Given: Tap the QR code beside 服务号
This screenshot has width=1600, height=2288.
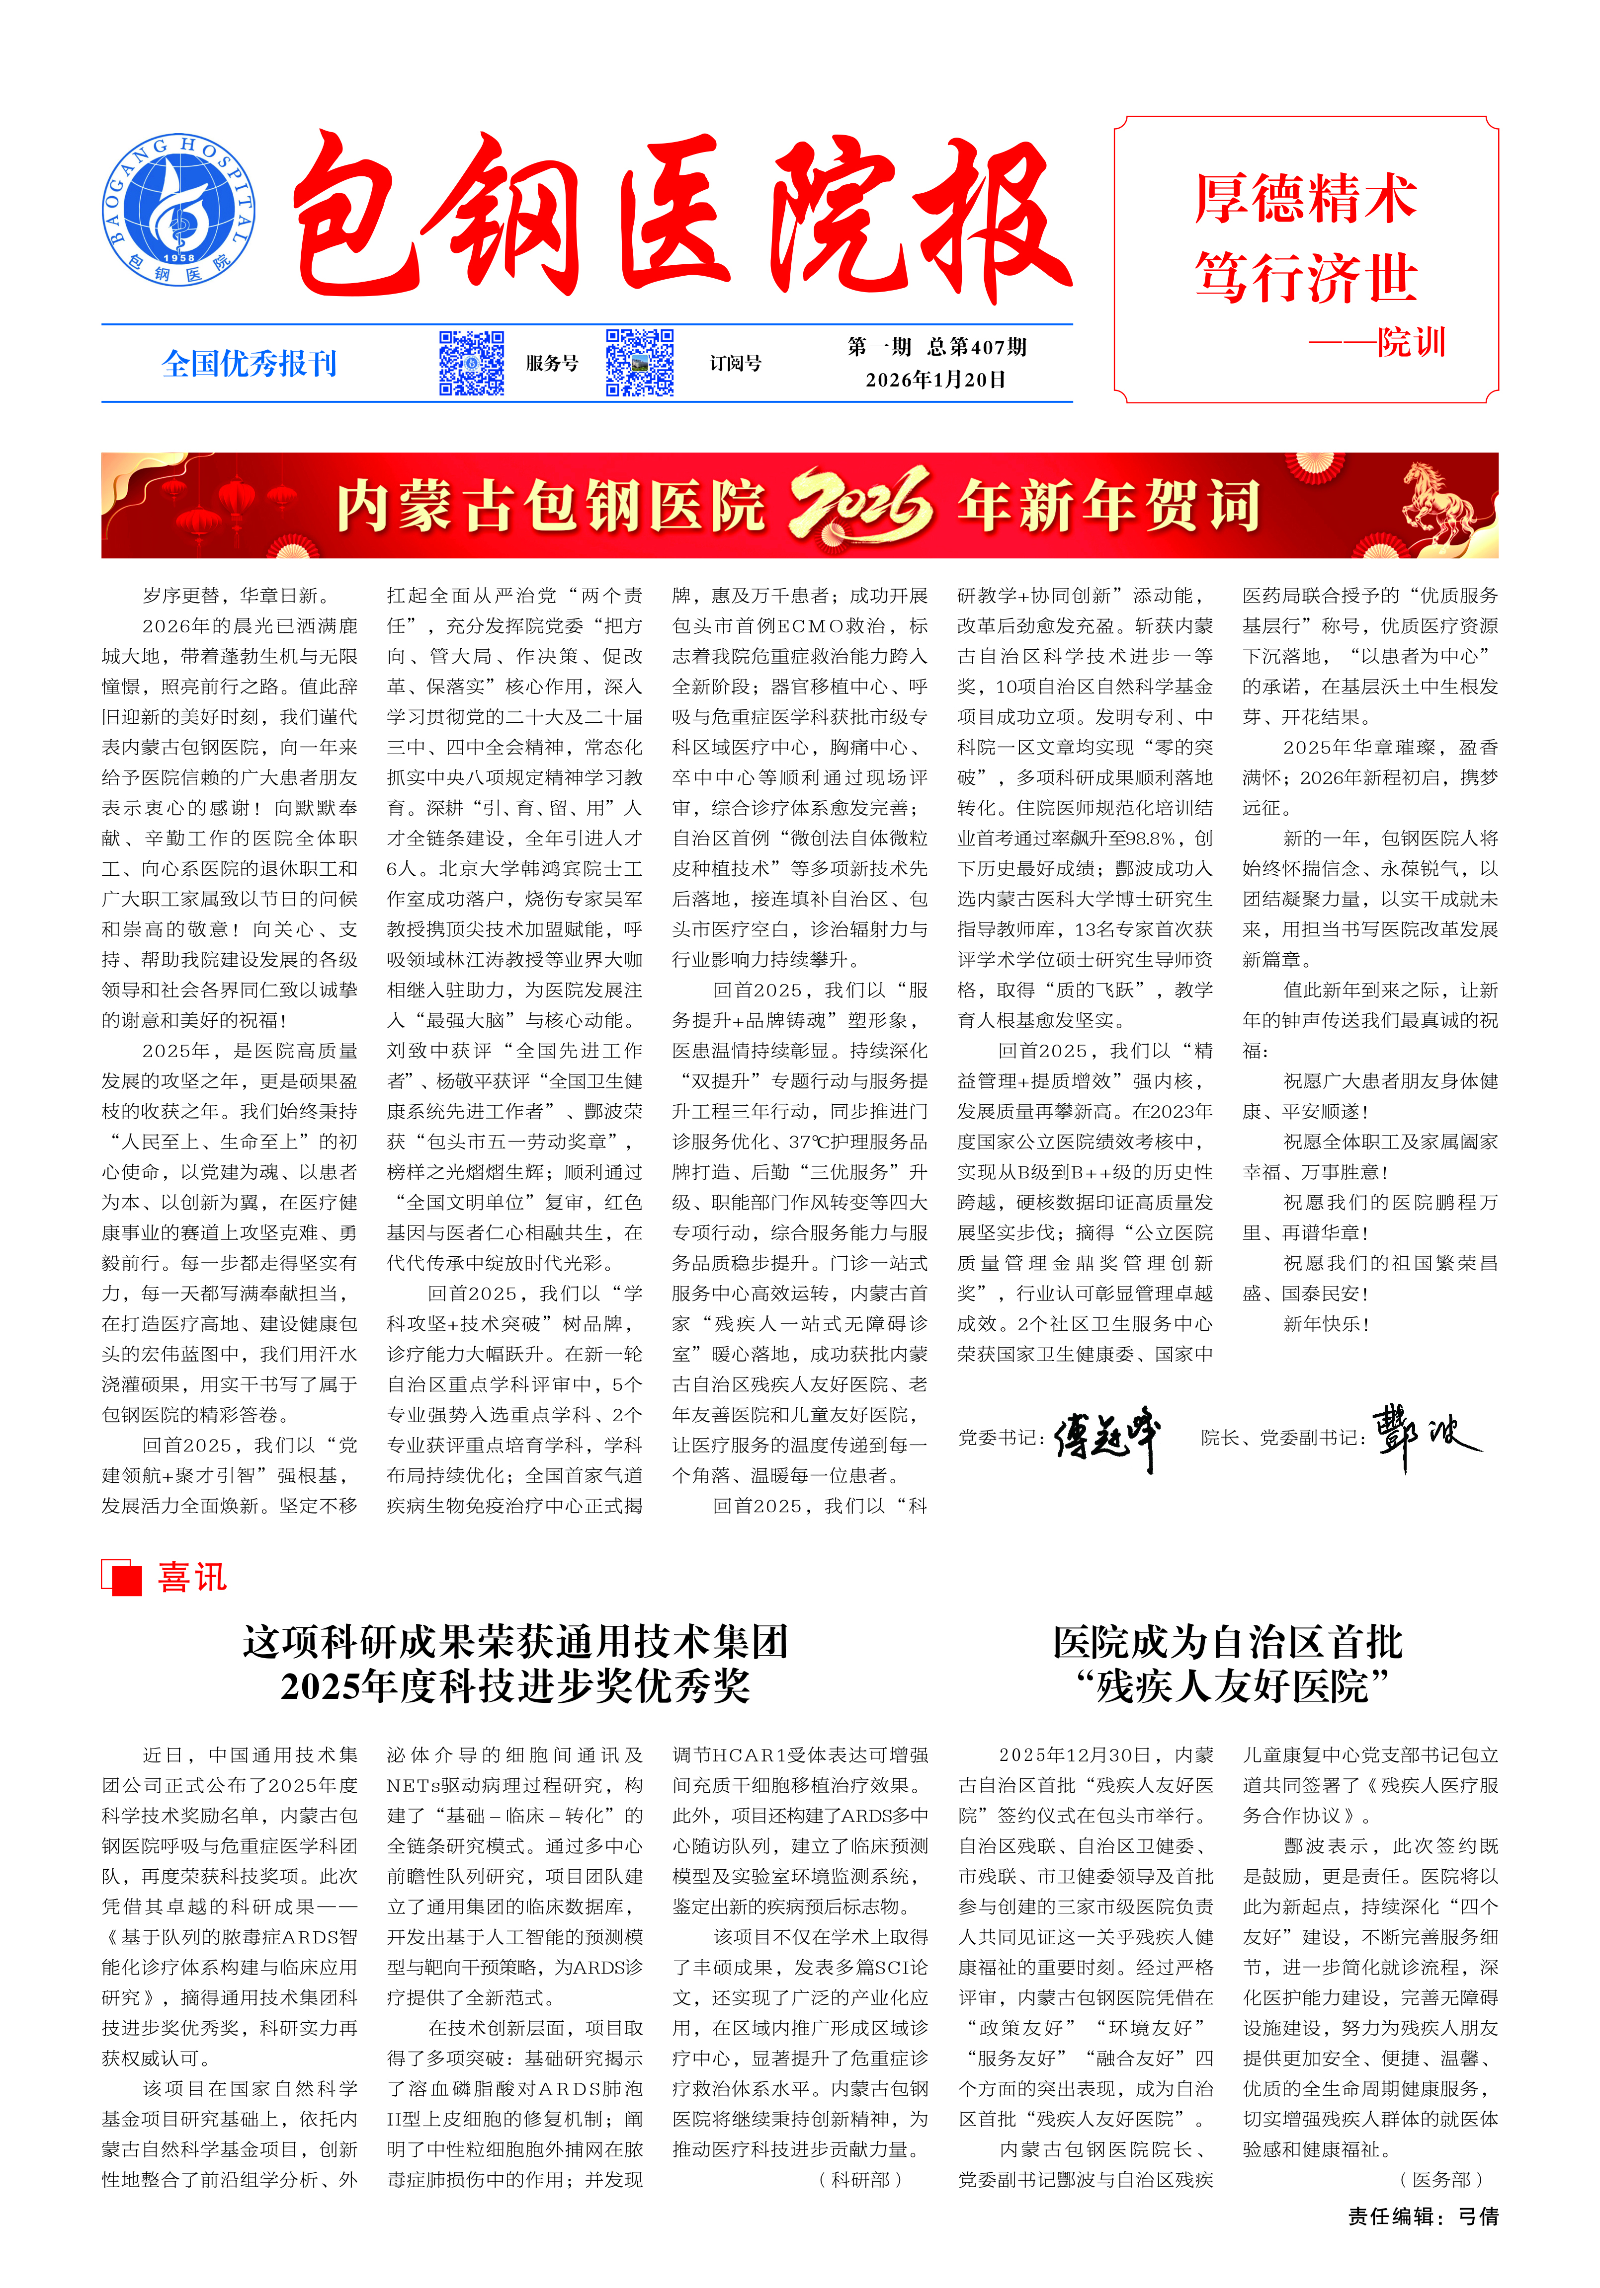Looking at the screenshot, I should tap(472, 363).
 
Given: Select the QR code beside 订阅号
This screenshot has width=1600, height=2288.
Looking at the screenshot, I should tap(640, 363).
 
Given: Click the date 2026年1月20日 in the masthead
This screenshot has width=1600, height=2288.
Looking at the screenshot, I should tap(935, 380).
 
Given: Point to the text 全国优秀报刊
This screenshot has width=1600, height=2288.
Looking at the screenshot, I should tap(249, 364).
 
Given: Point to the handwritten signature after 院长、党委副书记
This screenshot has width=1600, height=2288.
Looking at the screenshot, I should tap(1426, 1435).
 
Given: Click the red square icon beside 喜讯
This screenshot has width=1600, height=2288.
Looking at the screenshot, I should tap(122, 1578).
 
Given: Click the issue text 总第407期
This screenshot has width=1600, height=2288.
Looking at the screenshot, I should tap(977, 347).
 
